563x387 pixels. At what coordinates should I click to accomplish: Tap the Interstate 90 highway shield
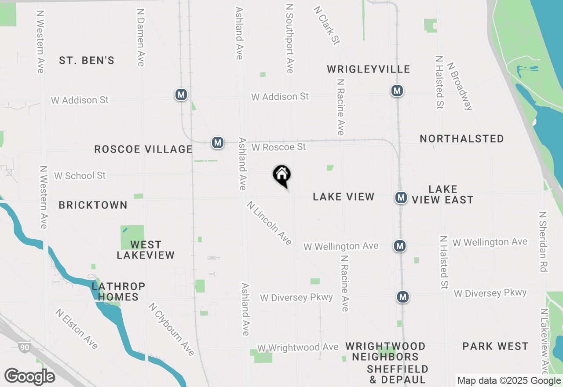[x=25, y=347]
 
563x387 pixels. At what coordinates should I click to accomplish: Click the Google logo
[x=29, y=376]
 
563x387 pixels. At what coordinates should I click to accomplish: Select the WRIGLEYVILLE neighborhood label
[x=369, y=69]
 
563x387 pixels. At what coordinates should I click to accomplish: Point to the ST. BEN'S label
[x=87, y=61]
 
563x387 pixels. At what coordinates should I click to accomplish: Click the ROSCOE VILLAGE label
[x=143, y=150]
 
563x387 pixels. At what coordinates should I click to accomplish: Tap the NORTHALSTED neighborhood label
[x=462, y=139]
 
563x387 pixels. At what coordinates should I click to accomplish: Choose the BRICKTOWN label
[x=93, y=205]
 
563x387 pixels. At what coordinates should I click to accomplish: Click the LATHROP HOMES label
[x=118, y=292]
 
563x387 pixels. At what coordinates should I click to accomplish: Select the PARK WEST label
[x=495, y=347]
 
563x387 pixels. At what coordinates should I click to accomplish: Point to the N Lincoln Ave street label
[x=269, y=223]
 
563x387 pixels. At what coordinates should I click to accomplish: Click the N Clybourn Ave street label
[x=171, y=329]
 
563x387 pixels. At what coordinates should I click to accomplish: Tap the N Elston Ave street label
[x=77, y=329]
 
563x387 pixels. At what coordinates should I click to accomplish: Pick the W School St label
[x=80, y=175]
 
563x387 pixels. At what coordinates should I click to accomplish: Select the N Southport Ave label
[x=289, y=39]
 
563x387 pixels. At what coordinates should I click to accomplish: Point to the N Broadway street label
[x=460, y=85]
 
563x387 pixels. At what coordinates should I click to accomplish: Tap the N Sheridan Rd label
[x=544, y=241]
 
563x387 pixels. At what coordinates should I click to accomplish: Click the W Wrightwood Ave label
[x=298, y=347]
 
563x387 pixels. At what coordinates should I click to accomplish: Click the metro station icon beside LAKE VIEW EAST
[x=401, y=197]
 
